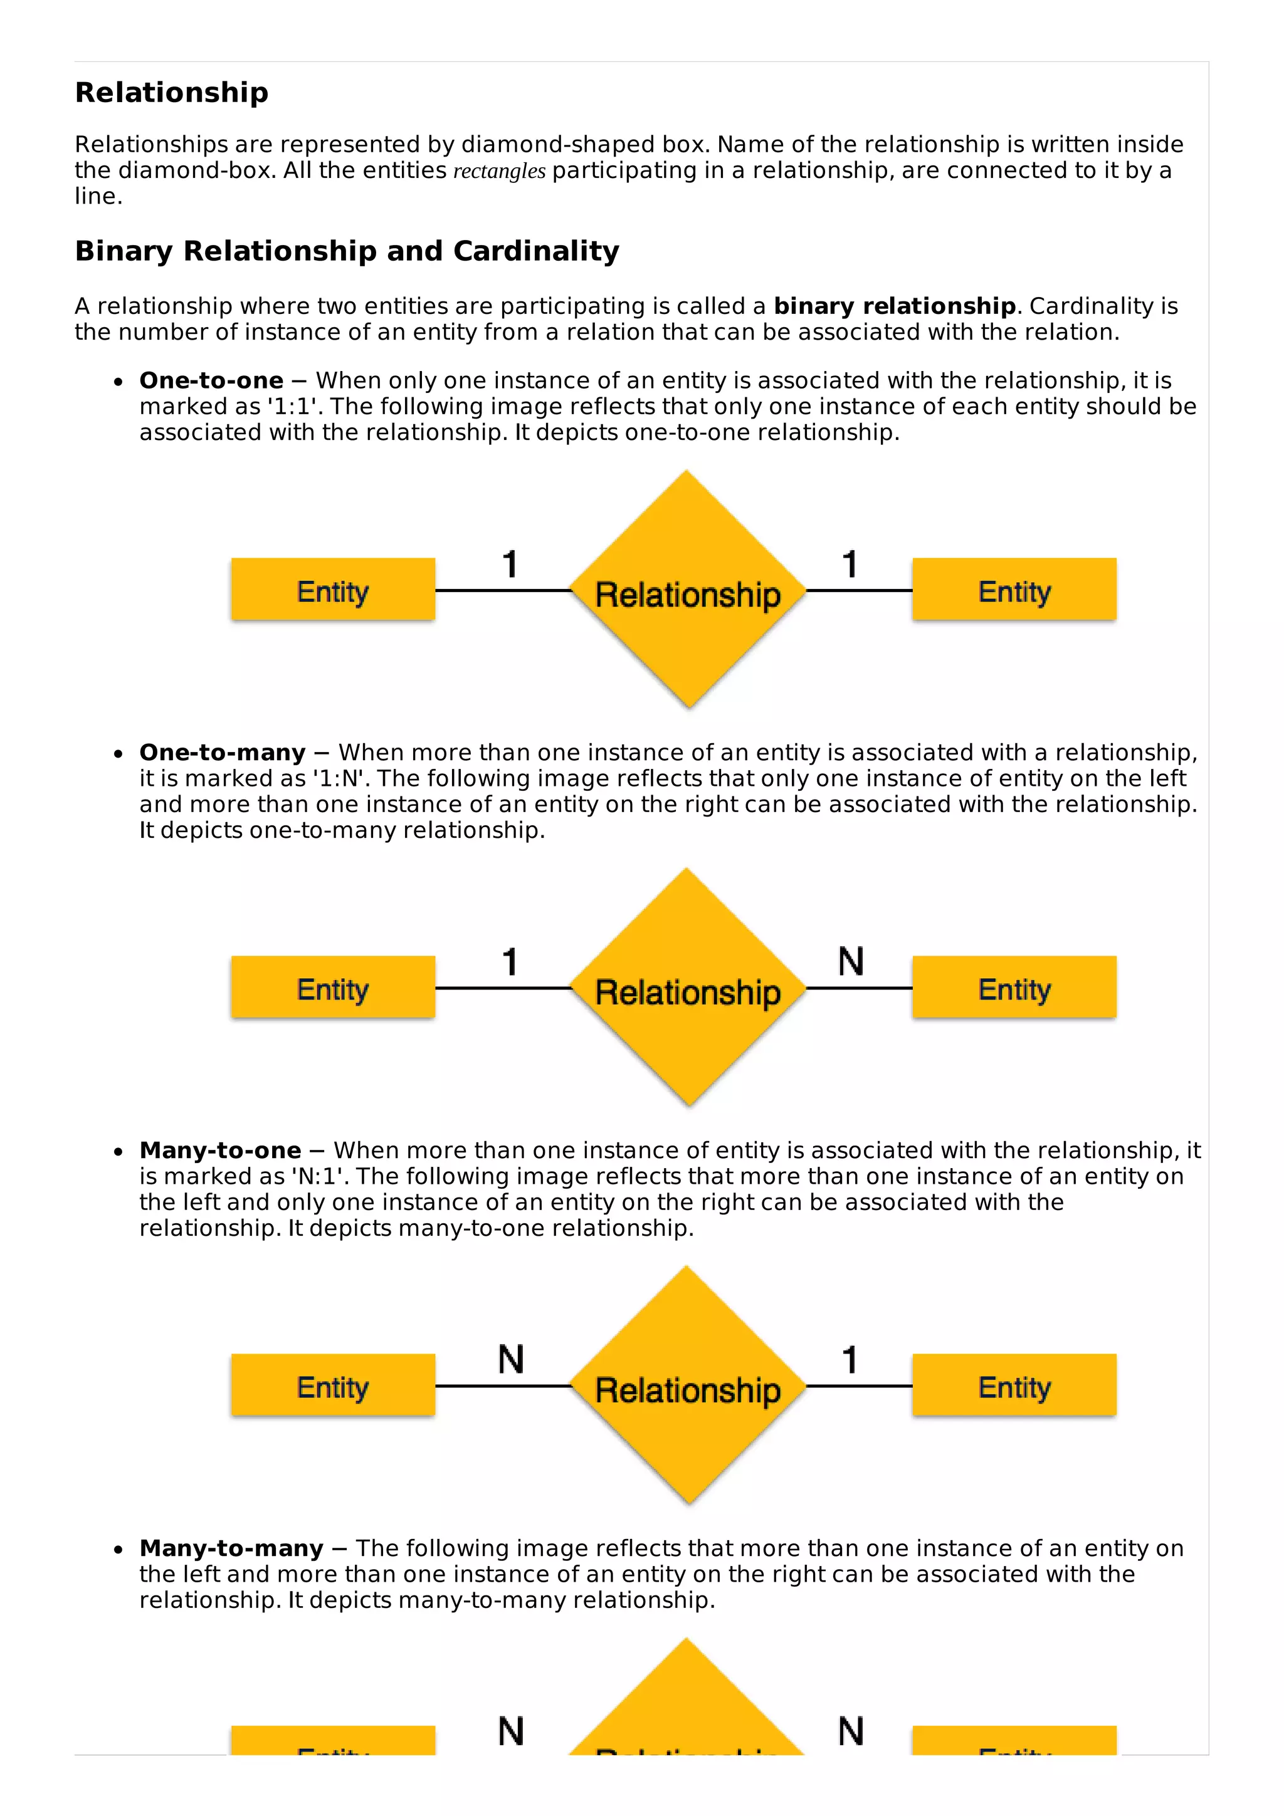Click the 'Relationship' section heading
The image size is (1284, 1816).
[172, 93]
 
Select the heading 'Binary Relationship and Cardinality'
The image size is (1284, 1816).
[347, 251]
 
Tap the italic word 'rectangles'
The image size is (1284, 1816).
[499, 171]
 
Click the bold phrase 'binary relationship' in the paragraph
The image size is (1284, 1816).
[894, 306]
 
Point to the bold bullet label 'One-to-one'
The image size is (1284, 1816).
[211, 380]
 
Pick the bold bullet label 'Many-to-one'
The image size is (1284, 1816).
[220, 1150]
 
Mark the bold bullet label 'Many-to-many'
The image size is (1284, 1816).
[231, 1548]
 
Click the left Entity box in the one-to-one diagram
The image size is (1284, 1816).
[333, 589]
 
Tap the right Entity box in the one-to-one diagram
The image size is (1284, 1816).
[1014, 589]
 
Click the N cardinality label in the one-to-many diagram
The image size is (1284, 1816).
[851, 962]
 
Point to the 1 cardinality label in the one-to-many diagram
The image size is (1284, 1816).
[510, 962]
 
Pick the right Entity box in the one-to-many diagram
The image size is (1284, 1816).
[1014, 987]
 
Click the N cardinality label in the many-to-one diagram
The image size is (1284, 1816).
[511, 1360]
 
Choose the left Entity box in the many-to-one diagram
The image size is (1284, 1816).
[333, 1385]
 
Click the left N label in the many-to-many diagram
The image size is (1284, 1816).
[511, 1731]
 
